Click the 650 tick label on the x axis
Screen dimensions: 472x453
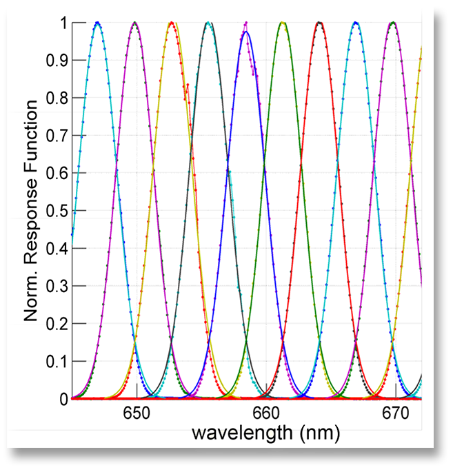click(x=137, y=413)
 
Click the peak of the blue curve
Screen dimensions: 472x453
click(x=246, y=32)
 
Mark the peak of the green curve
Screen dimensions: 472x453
click(x=282, y=23)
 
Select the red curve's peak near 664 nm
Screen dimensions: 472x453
click(x=319, y=23)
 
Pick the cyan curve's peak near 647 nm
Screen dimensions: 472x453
click(x=97, y=23)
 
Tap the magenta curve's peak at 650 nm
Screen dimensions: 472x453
click(x=134, y=23)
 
